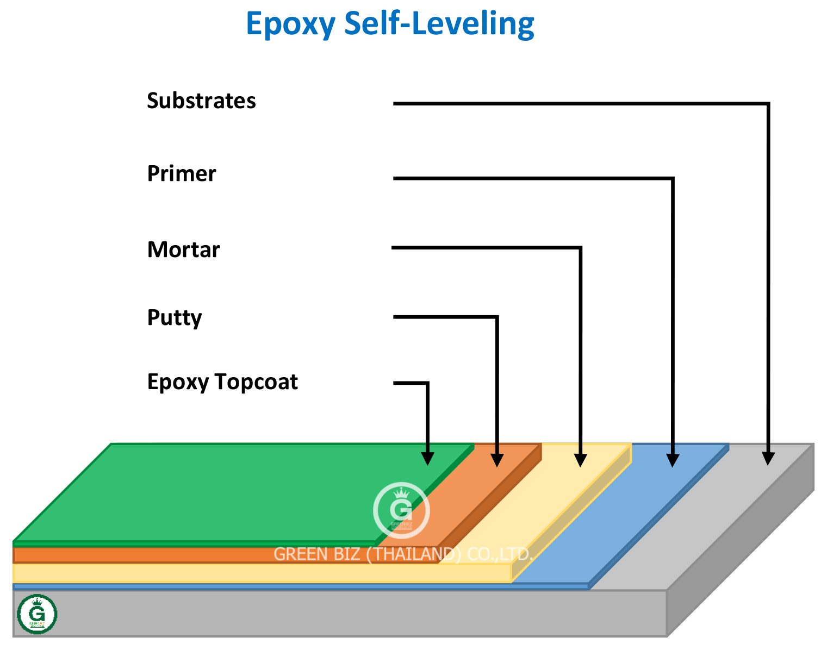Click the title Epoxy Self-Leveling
[390, 24]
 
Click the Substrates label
[201, 101]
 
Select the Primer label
[182, 174]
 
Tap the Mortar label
[183, 250]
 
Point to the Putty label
[175, 317]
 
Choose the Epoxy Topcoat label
[222, 382]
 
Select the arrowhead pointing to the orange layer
[497, 460]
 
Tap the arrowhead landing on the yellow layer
[581, 460]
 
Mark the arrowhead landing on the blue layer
[673, 460]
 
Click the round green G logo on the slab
[37, 614]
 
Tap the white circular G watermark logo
[401, 510]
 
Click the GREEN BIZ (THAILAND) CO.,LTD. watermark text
[402, 554]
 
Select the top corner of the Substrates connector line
[768, 103]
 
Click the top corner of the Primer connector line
[673, 178]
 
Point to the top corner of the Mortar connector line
[580, 248]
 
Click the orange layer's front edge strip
[217, 555]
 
